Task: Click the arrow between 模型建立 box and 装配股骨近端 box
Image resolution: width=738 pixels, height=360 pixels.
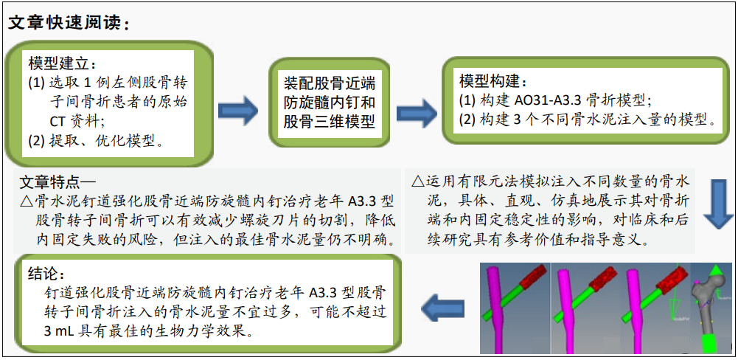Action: pyautogui.click(x=238, y=111)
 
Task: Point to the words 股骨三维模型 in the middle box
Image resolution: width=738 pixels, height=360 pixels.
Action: pyautogui.click(x=329, y=122)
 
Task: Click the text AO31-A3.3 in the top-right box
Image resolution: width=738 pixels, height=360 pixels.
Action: pyautogui.click(x=542, y=100)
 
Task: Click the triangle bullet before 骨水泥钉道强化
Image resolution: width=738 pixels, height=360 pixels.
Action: pyautogui.click(x=27, y=202)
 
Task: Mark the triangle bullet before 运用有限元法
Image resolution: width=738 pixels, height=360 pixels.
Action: pyautogui.click(x=417, y=181)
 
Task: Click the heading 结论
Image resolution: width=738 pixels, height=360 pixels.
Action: pyautogui.click(x=46, y=274)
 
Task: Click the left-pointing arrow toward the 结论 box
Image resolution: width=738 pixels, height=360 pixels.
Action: pyautogui.click(x=442, y=308)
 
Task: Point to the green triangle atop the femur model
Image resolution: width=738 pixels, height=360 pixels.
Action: pyautogui.click(x=716, y=271)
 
